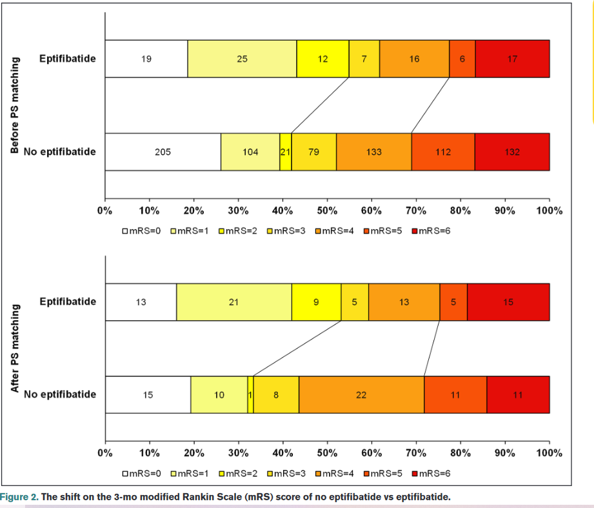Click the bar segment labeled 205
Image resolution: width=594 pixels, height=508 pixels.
(163, 152)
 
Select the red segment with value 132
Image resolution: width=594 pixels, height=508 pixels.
(512, 152)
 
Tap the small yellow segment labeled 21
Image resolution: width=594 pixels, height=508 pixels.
(285, 152)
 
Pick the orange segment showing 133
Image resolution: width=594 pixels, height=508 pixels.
(373, 152)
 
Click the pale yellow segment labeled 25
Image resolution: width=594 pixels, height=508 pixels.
(242, 59)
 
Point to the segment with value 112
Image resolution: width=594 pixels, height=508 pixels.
(443, 152)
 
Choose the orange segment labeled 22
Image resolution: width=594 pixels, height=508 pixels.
(361, 394)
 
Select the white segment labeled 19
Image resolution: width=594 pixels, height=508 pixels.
(146, 59)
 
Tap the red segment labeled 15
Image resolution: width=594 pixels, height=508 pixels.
(508, 301)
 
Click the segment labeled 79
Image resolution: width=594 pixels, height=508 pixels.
(313, 152)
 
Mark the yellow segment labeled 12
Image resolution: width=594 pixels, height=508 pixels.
(322, 59)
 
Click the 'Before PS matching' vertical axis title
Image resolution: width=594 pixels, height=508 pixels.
(16, 105)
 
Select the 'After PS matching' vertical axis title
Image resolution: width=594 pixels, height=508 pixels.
(16, 349)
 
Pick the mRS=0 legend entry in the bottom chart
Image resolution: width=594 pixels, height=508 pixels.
(141, 474)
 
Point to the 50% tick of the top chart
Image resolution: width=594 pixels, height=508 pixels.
(327, 210)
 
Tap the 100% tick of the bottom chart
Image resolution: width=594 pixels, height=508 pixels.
(549, 453)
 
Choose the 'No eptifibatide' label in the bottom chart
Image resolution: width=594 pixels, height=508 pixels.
(60, 394)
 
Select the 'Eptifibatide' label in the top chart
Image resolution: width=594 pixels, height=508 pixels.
(68, 59)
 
